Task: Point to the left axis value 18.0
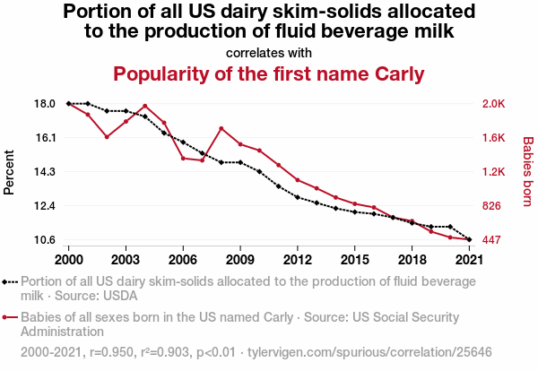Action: click(45, 104)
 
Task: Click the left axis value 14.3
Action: click(45, 172)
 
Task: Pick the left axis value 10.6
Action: click(45, 240)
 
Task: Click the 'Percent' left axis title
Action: click(10, 171)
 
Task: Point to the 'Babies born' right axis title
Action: click(527, 172)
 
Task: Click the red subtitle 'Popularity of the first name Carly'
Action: click(268, 73)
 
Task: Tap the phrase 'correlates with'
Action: click(269, 52)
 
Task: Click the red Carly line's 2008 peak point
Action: click(221, 128)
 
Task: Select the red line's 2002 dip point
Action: click(107, 137)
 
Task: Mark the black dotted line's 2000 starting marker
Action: click(68, 104)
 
